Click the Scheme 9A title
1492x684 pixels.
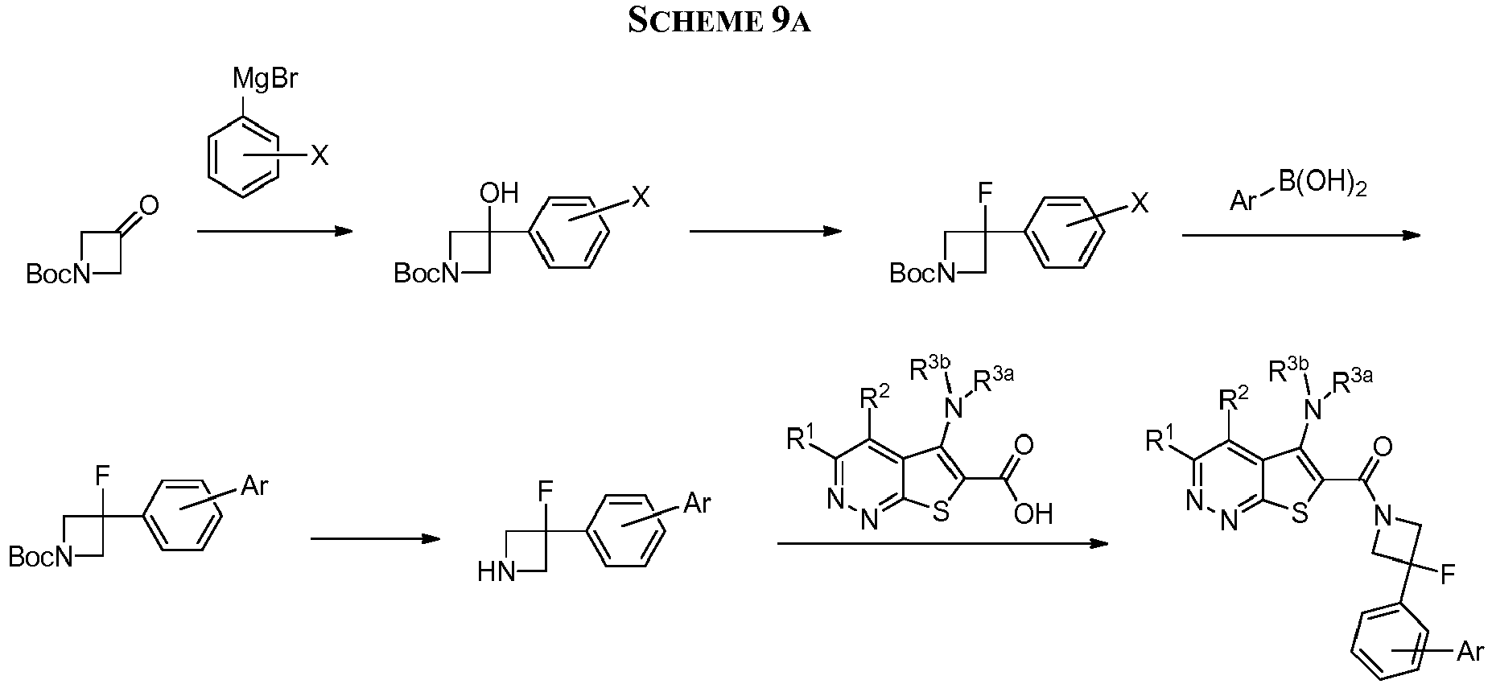tap(719, 21)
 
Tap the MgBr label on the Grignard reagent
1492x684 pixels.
tap(266, 80)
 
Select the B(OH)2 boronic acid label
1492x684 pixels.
tap(1323, 187)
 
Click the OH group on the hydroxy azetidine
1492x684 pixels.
tap(499, 194)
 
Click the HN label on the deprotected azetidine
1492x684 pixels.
tap(497, 573)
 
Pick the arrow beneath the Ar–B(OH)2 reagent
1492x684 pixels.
tap(1301, 236)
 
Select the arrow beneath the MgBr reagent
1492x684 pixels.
tap(275, 232)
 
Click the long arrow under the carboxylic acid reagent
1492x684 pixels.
tap(942, 544)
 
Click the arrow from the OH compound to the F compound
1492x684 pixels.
tap(766, 232)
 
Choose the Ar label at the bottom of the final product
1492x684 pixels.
tap(1470, 651)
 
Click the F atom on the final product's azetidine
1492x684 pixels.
tap(1447, 575)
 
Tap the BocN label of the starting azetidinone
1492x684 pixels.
tap(59, 275)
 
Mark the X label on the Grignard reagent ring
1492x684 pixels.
tap(319, 157)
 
